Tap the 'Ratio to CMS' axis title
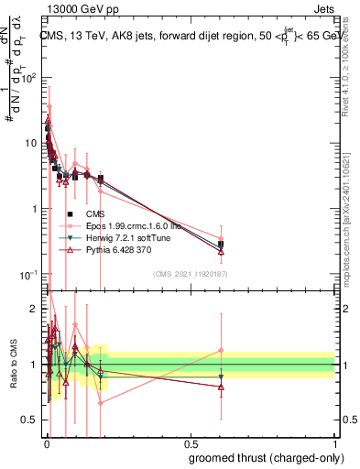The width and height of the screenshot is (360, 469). click(13, 365)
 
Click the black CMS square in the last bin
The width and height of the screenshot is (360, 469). click(221, 245)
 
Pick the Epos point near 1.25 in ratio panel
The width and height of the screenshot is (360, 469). click(221, 350)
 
